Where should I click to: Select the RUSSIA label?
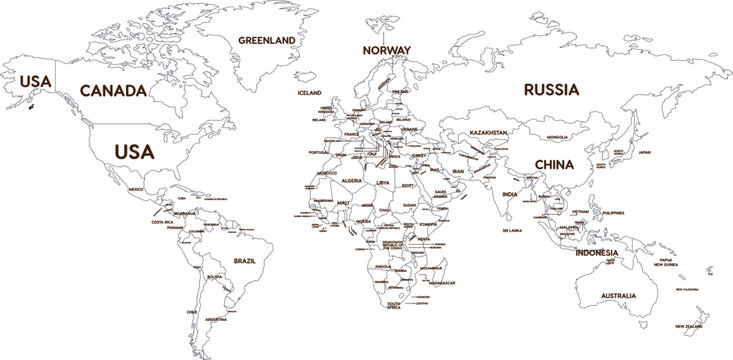pyautogui.click(x=551, y=89)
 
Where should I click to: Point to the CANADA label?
pyautogui.click(x=113, y=90)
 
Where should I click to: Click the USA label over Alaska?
pyautogui.click(x=30, y=80)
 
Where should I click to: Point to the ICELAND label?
pyautogui.click(x=310, y=92)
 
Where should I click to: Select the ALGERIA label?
pyautogui.click(x=353, y=180)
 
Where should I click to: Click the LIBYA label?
pyautogui.click(x=384, y=185)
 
